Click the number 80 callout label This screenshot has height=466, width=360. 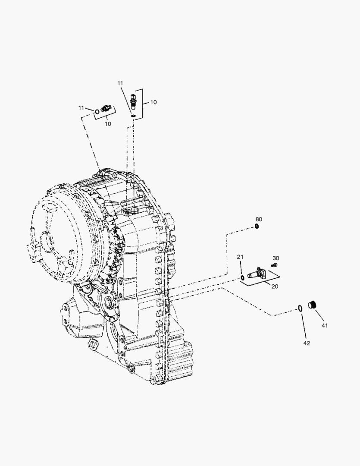[259, 219]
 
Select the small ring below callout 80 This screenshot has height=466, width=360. [257, 227]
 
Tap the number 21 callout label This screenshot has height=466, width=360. [240, 257]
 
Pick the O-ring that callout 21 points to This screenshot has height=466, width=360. [242, 278]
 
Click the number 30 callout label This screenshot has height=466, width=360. [275, 258]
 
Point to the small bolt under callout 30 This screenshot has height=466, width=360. [275, 264]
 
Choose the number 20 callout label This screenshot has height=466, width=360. [275, 287]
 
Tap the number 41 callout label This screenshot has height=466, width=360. [325, 325]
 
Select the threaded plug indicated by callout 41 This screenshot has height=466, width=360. [312, 305]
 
